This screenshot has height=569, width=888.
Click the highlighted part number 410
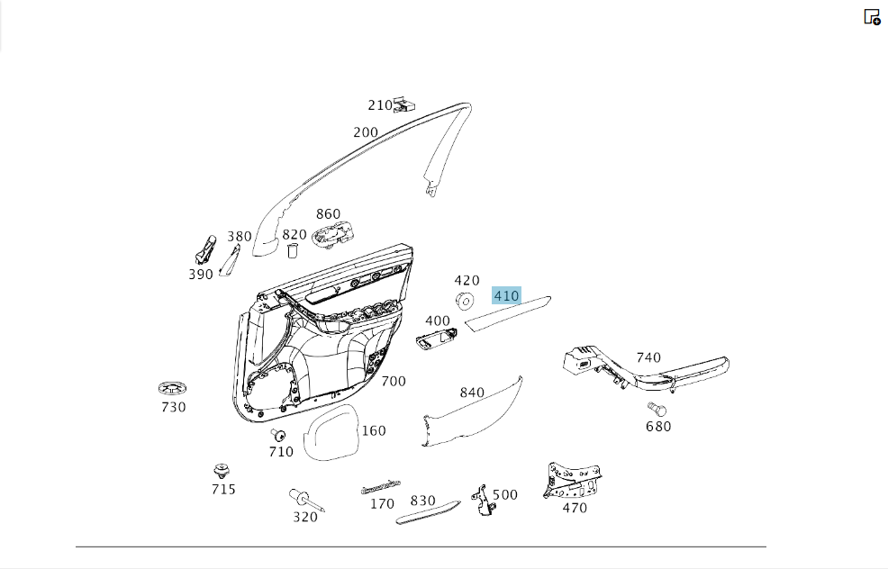click(506, 295)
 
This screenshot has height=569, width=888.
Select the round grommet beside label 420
click(465, 302)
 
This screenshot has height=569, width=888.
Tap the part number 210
click(380, 105)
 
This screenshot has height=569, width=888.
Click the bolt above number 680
click(657, 409)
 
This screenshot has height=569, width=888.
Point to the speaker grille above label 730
click(173, 388)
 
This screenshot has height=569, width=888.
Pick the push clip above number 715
click(222, 471)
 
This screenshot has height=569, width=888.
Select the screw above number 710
click(277, 436)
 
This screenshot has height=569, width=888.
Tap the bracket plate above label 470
click(573, 480)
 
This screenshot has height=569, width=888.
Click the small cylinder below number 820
click(293, 251)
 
